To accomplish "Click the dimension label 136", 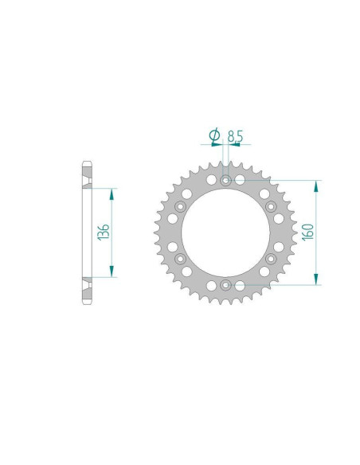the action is [104, 232].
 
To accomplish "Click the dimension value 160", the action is [308, 232].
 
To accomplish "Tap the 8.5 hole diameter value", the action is [235, 136].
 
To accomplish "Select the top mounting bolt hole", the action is [225, 180].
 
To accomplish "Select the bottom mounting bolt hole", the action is [225, 285].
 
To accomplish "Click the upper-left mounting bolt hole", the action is [180, 206].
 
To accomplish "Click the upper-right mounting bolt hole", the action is [271, 206].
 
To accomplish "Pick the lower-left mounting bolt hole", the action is [180, 259].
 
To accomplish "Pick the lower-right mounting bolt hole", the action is [271, 259].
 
